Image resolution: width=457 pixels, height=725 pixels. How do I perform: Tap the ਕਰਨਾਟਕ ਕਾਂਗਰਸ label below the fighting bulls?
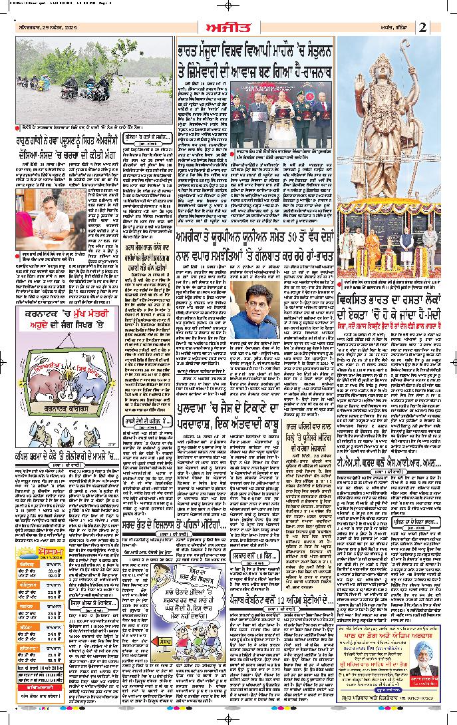coord(67,410)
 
